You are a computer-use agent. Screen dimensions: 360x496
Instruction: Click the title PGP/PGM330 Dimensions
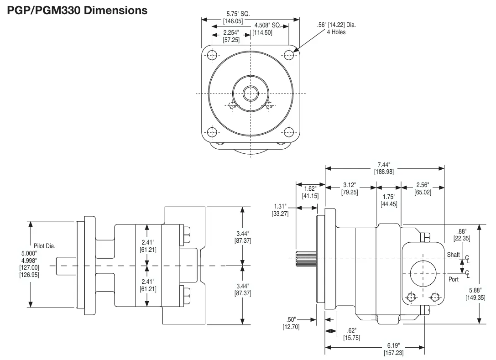coord(77,10)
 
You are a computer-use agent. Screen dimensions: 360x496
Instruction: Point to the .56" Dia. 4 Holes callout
coord(336,28)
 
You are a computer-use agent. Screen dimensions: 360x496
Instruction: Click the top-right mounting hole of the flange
coord(289,55)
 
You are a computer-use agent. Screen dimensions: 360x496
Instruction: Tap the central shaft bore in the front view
coord(250,94)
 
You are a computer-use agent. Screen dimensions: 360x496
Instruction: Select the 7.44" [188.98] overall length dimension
coord(384,168)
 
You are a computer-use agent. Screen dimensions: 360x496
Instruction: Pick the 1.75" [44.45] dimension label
coord(389,200)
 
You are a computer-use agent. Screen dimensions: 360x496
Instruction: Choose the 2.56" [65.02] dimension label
coord(423,189)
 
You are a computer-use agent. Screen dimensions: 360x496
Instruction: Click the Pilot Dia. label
coord(44,246)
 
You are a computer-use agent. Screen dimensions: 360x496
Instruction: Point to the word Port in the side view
coord(453,279)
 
